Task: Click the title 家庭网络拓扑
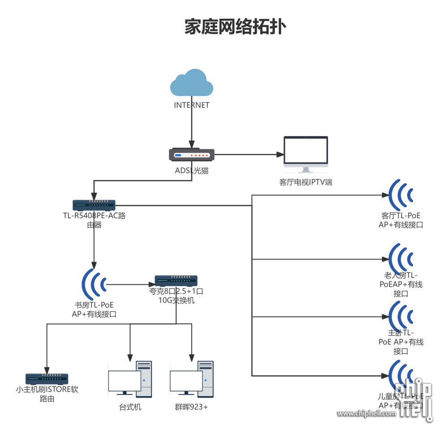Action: point(235,27)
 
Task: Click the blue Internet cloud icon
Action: point(191,82)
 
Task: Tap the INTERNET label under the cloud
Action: point(192,105)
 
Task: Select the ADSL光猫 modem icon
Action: point(192,155)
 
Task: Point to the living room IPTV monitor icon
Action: point(306,154)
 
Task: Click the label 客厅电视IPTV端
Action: point(306,182)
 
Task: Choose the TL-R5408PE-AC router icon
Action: point(94,205)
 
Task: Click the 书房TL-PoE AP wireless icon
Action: point(94,284)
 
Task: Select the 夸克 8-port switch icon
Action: point(176,281)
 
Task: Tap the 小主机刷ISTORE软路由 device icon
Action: point(47,379)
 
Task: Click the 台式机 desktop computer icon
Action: point(130,379)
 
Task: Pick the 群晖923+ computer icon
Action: point(191,379)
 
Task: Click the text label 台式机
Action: point(130,407)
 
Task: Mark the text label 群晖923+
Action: point(191,407)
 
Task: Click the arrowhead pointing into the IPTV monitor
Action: point(280,155)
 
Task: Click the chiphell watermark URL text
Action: point(367,413)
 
